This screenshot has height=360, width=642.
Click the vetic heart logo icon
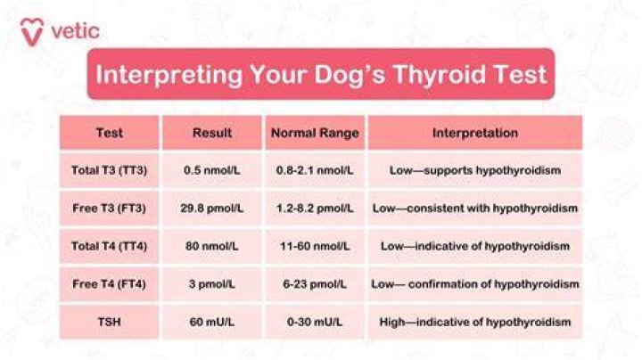point(32,33)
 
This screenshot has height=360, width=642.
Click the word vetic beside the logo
point(75,31)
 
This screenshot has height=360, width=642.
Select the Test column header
point(110,133)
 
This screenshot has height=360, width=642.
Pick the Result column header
point(212,133)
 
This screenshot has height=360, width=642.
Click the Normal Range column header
point(315,133)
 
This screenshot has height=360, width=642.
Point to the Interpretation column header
point(475,133)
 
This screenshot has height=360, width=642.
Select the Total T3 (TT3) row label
point(110,170)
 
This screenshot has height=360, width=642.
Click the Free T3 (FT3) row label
point(110,209)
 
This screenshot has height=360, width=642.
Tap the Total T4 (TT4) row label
point(110,246)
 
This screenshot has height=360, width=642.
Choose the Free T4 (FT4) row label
point(110,284)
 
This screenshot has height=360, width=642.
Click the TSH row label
point(110,322)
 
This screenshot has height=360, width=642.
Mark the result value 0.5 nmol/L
point(212,170)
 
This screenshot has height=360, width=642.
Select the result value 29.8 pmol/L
point(212,209)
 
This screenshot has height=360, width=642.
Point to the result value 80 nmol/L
point(212,246)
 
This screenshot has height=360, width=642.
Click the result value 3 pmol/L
point(212,284)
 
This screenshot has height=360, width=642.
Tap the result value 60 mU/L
point(212,322)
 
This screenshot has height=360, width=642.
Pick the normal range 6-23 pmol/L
point(315,284)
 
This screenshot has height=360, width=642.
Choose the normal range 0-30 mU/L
point(315,322)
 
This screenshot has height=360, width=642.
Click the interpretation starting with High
point(475,322)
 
